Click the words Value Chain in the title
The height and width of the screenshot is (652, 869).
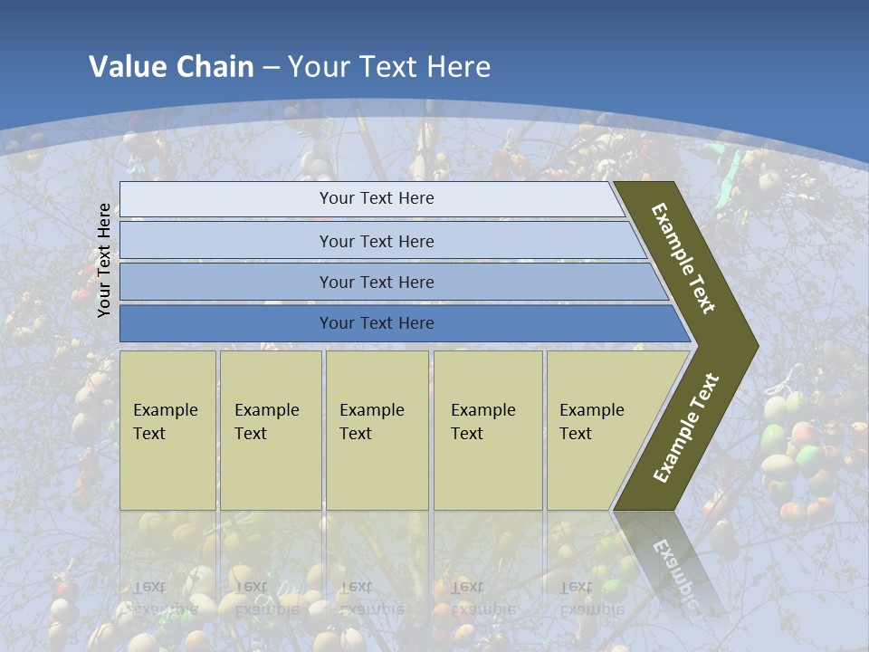click(x=171, y=67)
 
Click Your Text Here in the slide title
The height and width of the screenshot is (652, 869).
click(x=389, y=67)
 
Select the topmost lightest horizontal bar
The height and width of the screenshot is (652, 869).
click(x=226, y=199)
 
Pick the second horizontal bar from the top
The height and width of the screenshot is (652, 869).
click(x=226, y=241)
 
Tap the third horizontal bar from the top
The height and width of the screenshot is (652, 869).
click(x=226, y=282)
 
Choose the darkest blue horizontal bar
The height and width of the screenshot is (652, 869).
click(x=226, y=323)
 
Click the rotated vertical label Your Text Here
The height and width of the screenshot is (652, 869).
click(x=104, y=260)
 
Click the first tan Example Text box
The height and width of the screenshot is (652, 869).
click(x=167, y=430)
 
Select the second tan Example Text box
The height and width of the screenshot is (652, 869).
click(x=271, y=430)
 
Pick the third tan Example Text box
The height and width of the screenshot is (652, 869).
click(x=377, y=430)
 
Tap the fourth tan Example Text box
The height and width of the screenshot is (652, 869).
click(x=488, y=430)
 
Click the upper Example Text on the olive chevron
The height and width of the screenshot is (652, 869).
click(x=683, y=258)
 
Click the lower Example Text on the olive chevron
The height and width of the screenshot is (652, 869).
click(x=685, y=428)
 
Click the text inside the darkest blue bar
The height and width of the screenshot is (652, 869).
click(x=377, y=323)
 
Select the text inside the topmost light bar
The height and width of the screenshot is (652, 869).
click(x=377, y=198)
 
